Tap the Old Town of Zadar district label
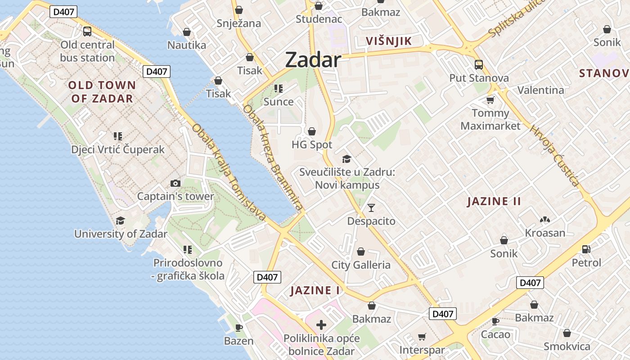tap(102, 92)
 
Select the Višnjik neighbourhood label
tap(389, 41)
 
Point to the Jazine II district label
tap(494, 201)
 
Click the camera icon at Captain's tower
tap(175, 183)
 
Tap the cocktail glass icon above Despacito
tap(371, 207)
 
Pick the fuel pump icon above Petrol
tap(586, 249)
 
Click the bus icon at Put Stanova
tap(479, 65)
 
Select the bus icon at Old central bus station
tap(87, 31)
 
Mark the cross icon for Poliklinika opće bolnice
tap(321, 324)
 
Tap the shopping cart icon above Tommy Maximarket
tap(490, 100)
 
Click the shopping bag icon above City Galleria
tap(360, 251)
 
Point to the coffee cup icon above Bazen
tap(238, 328)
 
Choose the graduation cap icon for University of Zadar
tap(120, 220)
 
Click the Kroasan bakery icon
tap(545, 220)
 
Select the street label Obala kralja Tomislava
tap(229, 172)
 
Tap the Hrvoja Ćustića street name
tap(554, 156)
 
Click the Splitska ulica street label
tap(517, 18)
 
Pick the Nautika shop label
tap(187, 45)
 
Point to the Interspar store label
tap(422, 350)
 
